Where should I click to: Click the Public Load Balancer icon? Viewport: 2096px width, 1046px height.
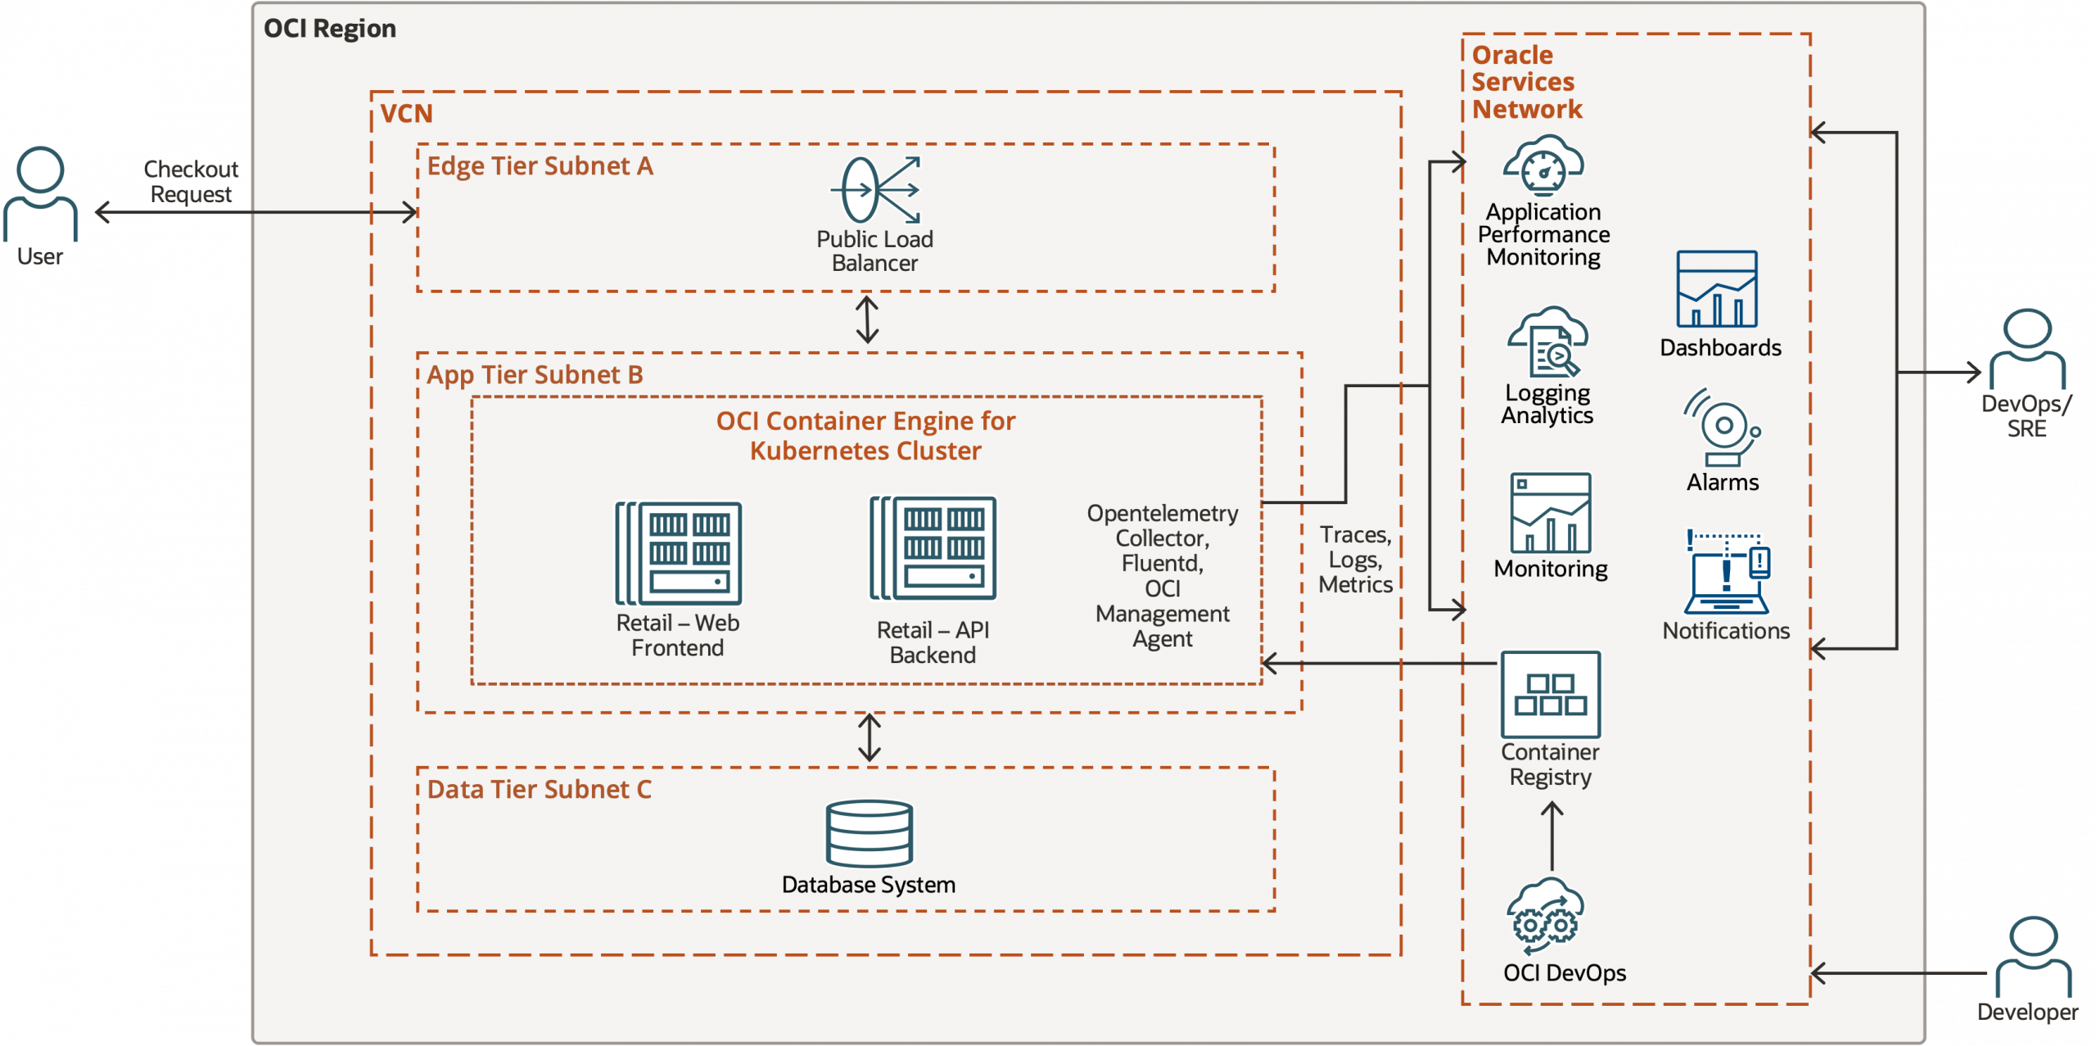874,190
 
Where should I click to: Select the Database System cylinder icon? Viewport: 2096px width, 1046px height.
869,833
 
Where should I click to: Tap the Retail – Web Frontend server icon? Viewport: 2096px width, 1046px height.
679,553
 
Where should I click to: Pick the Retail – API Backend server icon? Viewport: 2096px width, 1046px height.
933,548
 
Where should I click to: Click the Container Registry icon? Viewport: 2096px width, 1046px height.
1550,694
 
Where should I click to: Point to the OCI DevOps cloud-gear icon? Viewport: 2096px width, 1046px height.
1546,917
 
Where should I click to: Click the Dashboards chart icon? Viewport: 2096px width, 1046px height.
1717,289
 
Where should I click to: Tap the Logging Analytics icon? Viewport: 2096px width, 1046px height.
1547,342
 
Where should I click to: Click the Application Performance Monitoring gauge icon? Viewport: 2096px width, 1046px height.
1543,166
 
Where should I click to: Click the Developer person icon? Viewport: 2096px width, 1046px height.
2033,958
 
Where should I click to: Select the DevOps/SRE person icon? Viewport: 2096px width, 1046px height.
2027,349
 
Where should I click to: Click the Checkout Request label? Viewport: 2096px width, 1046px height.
191,182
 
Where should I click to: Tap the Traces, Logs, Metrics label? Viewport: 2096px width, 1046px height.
1355,560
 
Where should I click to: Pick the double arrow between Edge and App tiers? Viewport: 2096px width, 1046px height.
867,319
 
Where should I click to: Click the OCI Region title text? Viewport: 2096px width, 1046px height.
329,29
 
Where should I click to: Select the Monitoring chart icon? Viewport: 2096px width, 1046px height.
1551,513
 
